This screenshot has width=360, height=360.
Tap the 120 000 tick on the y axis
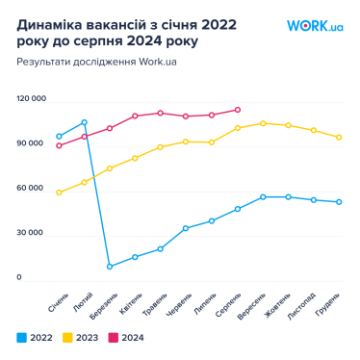coord(31,98)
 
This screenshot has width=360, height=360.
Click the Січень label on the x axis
coord(58,304)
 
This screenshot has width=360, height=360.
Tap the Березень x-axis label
coord(105,305)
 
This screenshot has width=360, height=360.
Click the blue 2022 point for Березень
coord(110,267)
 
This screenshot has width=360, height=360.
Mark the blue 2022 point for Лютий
coord(85,122)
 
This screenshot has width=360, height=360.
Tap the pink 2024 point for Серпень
coord(238,110)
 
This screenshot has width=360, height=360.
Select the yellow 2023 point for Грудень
coord(339,137)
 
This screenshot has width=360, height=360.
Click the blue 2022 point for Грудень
coord(339,202)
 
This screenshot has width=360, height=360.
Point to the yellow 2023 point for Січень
coord(59,193)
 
